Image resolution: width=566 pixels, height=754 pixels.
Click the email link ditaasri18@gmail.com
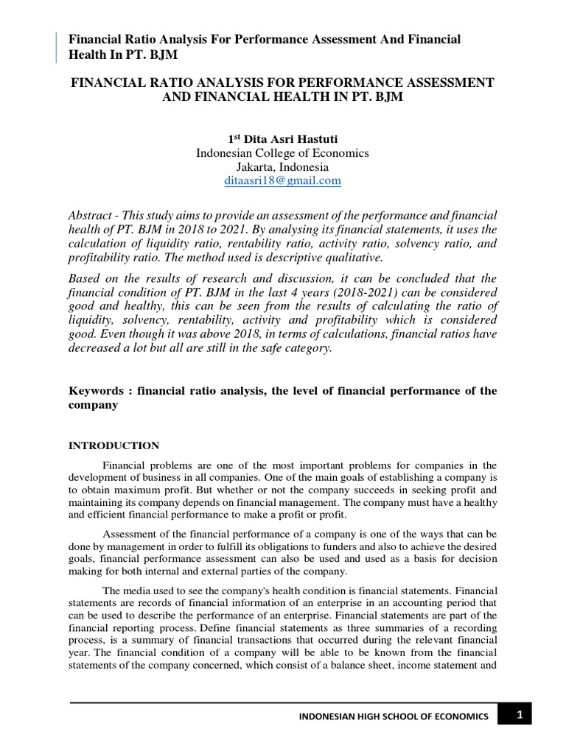[282, 180]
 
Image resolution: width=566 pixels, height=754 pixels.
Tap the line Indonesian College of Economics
[282, 153]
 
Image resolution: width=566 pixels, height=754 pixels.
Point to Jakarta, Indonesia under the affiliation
[282, 167]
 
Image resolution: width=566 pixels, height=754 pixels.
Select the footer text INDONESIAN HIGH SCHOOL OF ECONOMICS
[393, 716]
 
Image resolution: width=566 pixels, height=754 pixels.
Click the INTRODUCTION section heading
[113, 445]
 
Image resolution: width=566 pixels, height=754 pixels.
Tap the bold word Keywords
[94, 390]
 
